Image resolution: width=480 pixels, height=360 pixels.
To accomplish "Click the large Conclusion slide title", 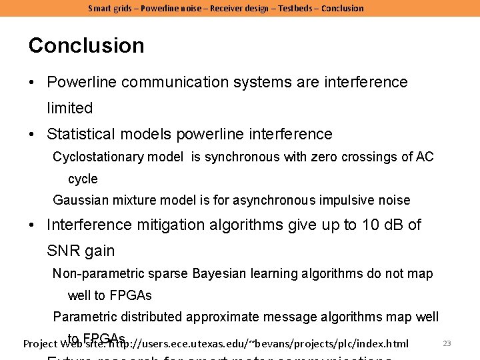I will coord(86,45).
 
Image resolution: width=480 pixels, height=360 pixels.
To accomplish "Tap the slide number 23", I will coord(447,343).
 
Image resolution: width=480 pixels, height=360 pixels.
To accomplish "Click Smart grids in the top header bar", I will coord(111,8).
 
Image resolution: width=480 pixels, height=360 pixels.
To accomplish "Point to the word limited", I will coord(69,108).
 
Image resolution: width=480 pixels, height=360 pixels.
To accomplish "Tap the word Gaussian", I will coord(79,200).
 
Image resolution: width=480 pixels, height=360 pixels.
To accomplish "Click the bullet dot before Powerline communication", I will coord(33,83).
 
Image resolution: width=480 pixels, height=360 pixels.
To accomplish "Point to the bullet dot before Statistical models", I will coord(33,135).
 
